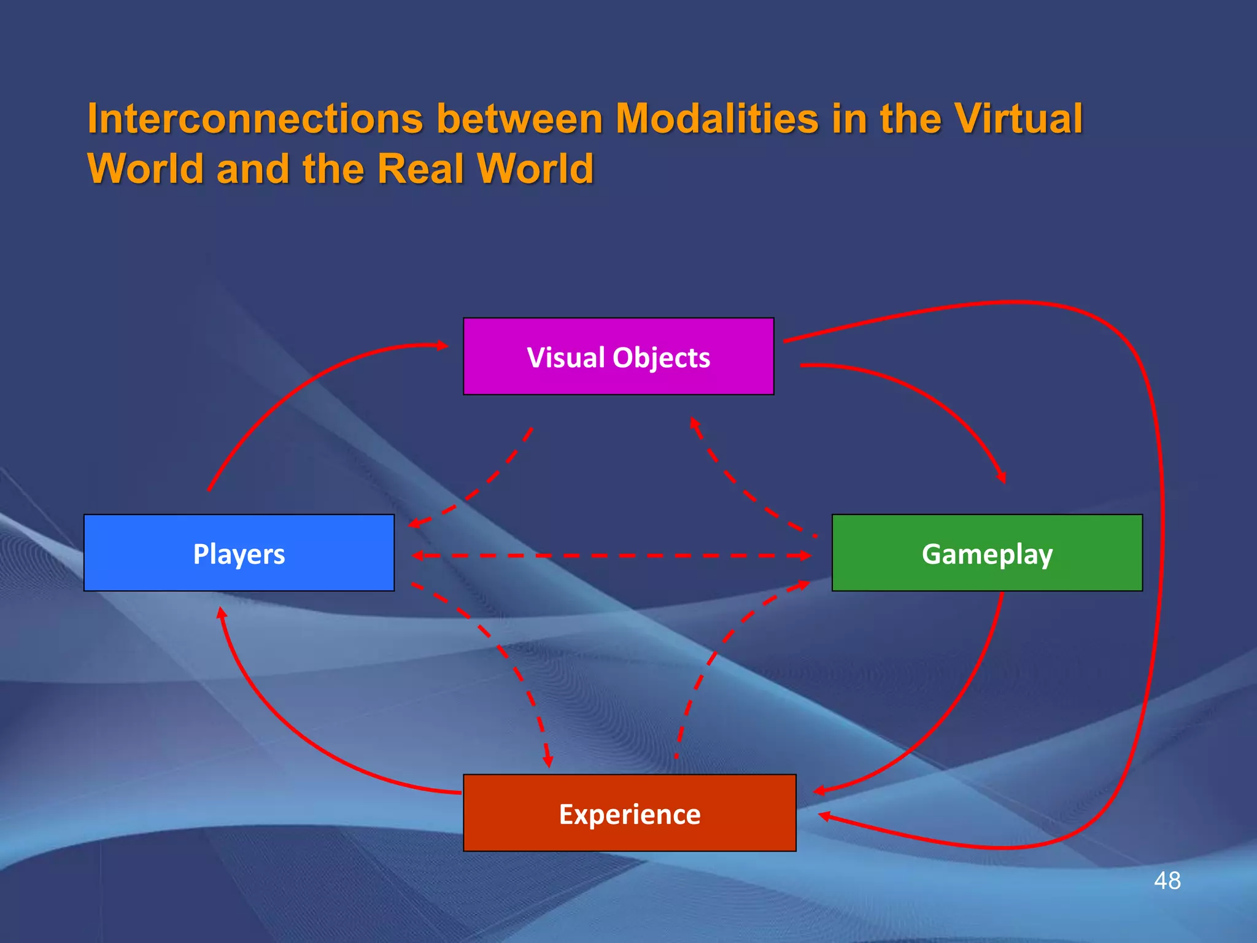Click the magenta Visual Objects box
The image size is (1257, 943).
click(618, 356)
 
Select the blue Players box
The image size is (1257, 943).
click(239, 553)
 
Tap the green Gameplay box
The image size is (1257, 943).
click(987, 553)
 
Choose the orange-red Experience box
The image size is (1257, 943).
click(629, 813)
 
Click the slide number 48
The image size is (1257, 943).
click(1167, 880)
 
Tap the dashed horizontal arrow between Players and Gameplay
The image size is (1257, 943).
click(611, 556)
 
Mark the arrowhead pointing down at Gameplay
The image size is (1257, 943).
click(1002, 477)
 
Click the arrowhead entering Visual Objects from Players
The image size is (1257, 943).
click(442, 346)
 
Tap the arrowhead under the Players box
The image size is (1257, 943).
click(222, 613)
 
